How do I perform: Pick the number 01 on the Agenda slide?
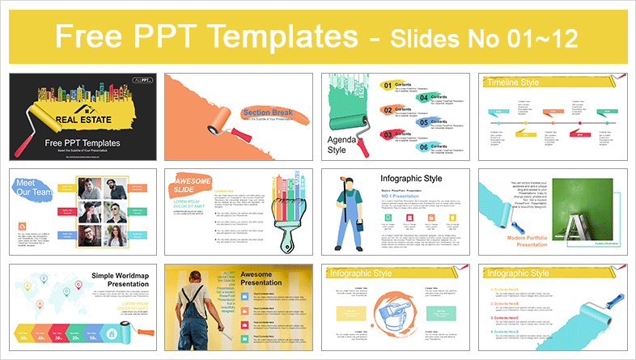(387, 85)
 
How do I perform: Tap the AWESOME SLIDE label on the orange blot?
(193, 183)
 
